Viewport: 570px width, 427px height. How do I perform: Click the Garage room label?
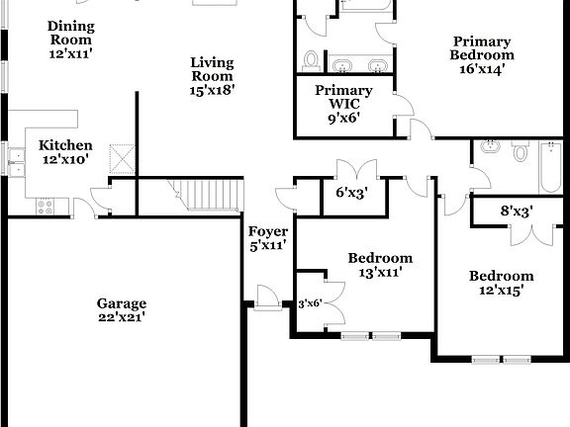(x=122, y=309)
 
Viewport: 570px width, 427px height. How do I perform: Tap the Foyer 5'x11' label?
(x=267, y=238)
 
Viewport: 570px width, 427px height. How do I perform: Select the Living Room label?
(x=213, y=75)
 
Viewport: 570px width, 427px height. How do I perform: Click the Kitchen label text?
(x=65, y=151)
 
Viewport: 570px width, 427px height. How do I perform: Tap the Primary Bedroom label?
(x=482, y=55)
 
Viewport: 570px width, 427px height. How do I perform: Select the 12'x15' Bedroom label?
(x=501, y=283)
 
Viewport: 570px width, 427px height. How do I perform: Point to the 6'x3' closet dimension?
(x=351, y=193)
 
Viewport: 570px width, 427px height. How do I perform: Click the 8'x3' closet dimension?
(x=516, y=211)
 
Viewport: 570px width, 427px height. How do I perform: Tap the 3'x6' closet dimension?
(x=311, y=304)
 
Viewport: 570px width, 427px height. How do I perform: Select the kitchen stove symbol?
(x=46, y=206)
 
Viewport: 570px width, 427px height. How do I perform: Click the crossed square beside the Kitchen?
(x=121, y=158)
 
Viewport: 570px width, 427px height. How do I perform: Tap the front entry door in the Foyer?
(x=264, y=297)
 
